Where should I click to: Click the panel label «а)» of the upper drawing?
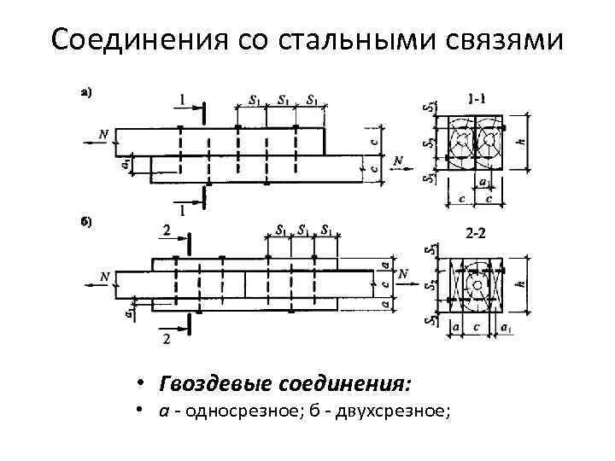pos(87,92)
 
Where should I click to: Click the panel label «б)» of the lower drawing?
pos(87,222)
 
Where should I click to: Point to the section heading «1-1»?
pos(478,97)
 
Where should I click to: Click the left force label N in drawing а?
pos(103,133)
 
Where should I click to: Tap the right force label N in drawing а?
pos(397,160)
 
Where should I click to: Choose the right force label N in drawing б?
pos(403,273)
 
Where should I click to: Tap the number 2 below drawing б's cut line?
pos(167,339)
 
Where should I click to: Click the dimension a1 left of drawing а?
pos(126,161)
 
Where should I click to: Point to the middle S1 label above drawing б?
pos(303,230)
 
